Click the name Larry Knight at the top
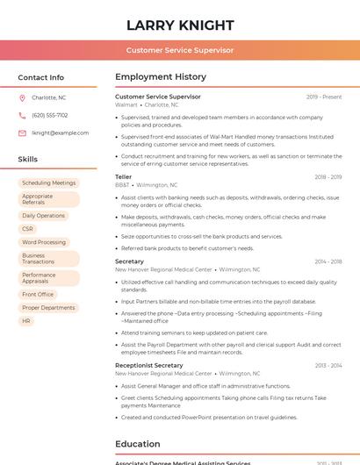[x=180, y=25]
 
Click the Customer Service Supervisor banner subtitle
[x=180, y=50]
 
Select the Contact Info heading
[x=40, y=77]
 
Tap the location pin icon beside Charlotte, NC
[x=22, y=97]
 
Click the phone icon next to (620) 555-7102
[x=22, y=115]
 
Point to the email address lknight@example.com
[x=60, y=132]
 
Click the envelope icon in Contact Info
[x=22, y=132]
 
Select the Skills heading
[x=28, y=159]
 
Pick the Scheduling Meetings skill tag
[x=49, y=182]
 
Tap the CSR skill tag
[x=28, y=228]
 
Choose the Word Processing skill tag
[x=44, y=242]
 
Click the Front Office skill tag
[x=38, y=294]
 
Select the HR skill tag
[x=26, y=321]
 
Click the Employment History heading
[x=161, y=77]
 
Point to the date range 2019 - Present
[x=323, y=97]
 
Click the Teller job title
[x=123, y=176]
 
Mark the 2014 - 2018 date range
[x=328, y=261]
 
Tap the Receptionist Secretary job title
[x=149, y=365]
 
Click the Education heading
[x=137, y=444]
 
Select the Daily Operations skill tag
[x=43, y=215]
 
